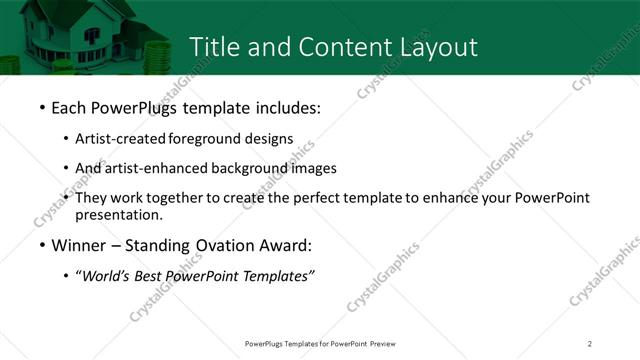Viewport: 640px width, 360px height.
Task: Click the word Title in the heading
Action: coord(214,47)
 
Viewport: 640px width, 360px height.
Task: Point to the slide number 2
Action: coord(590,344)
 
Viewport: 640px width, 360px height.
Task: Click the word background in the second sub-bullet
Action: coord(256,168)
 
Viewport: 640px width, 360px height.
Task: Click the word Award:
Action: coord(284,245)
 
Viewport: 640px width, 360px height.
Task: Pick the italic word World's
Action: coord(105,276)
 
